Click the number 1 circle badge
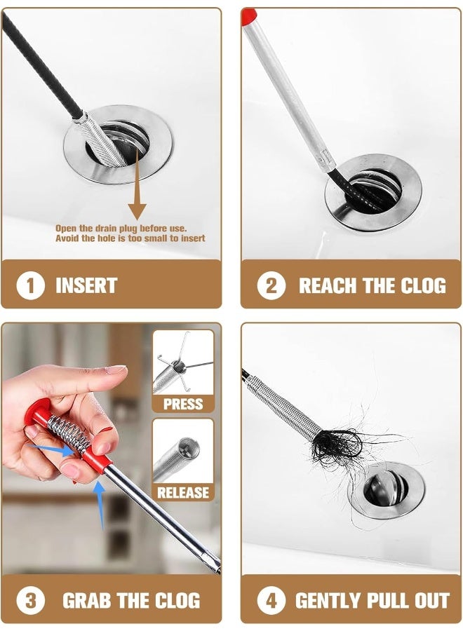[x=30, y=285]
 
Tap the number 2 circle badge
[x=271, y=285]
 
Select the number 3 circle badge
[x=30, y=600]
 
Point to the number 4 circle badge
[x=271, y=600]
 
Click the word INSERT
[x=86, y=286]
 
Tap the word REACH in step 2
[x=325, y=286]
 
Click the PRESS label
[x=182, y=404]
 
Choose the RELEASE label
[x=182, y=492]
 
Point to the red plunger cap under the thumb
[x=42, y=413]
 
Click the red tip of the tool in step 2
[x=248, y=15]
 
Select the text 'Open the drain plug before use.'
[x=121, y=229]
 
